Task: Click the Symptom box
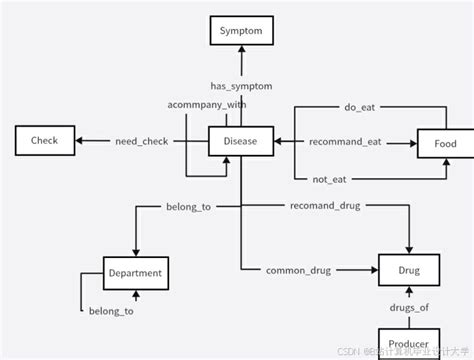[240, 32]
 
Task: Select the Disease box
[240, 142]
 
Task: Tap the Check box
[44, 142]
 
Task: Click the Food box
[445, 144]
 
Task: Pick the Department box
[136, 271]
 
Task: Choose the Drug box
[409, 270]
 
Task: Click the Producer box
[409, 343]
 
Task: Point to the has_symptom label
[241, 87]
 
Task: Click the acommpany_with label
[207, 105]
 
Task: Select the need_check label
[142, 142]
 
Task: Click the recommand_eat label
[345, 142]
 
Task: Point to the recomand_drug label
[325, 206]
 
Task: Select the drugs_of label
[409, 306]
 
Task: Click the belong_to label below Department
[111, 312]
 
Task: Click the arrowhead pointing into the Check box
[81, 142]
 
